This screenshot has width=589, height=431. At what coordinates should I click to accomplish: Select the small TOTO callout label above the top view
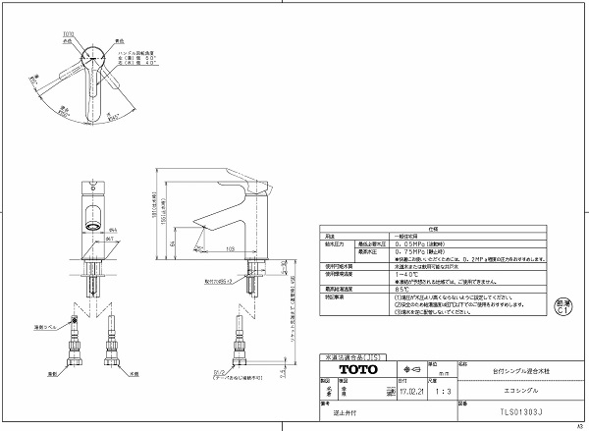coord(68,31)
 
